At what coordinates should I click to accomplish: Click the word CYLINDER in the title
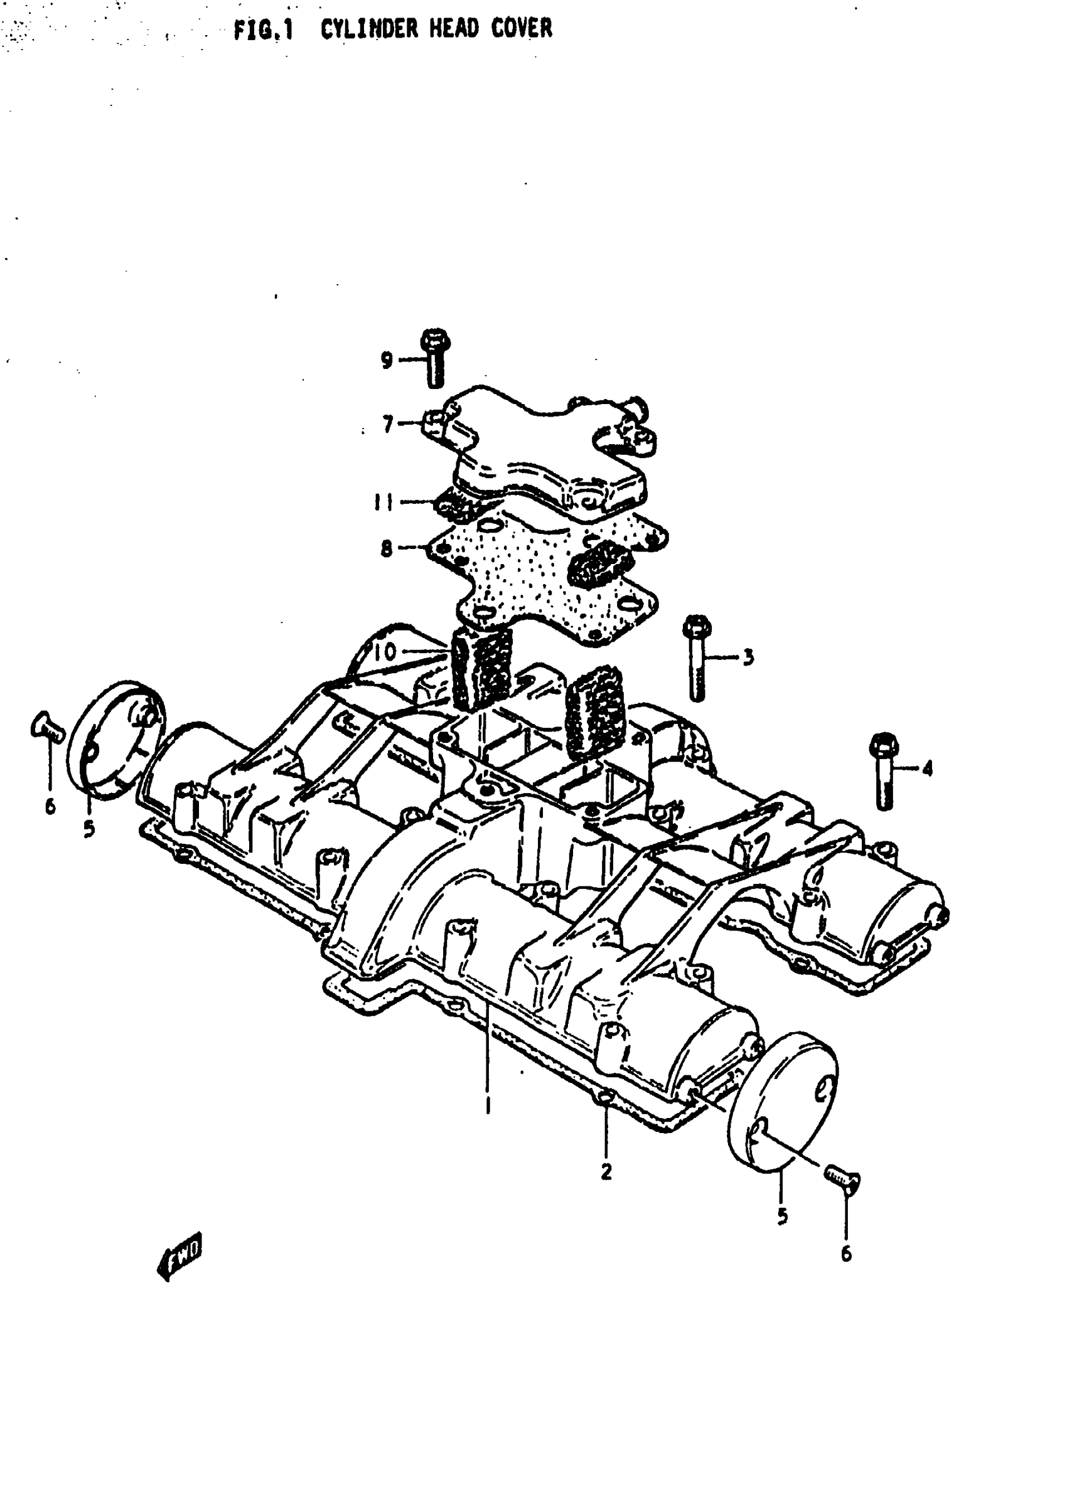pos(368,29)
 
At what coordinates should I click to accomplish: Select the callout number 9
pos(387,360)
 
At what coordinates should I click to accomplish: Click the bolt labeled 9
pos(435,358)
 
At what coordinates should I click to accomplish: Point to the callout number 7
pos(388,425)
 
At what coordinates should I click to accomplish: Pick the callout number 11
pos(383,503)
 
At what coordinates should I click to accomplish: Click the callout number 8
pos(387,548)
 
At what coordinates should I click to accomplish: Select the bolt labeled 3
pos(697,657)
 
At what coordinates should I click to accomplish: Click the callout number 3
pos(748,658)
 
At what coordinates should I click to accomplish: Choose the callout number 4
pos(927,769)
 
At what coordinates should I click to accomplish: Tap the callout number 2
pos(606,1171)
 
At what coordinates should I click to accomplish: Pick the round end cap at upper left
pos(116,738)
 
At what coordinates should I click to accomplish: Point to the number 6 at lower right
pos(846,1254)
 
